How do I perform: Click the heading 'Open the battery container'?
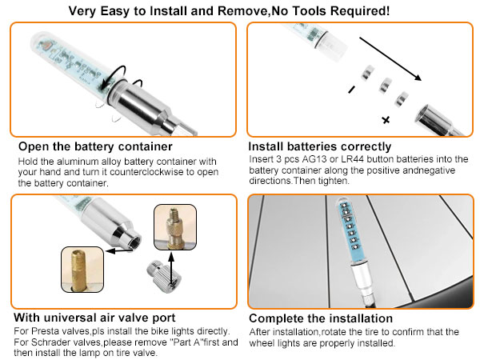[95, 146]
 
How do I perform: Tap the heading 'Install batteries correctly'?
[319, 146]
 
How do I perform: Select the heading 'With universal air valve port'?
[94, 318]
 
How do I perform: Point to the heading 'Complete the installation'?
[321, 318]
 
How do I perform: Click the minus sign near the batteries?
[352, 90]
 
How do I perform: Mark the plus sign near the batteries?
[386, 120]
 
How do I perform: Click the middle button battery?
[386, 85]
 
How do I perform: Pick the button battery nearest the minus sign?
[367, 73]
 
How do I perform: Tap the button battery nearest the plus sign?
[402, 99]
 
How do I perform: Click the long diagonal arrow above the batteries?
[390, 58]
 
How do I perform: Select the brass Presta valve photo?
[82, 270]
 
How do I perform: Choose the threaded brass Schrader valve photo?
[175, 227]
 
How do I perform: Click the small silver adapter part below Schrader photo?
[164, 277]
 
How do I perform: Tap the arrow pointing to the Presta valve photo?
[119, 251]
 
